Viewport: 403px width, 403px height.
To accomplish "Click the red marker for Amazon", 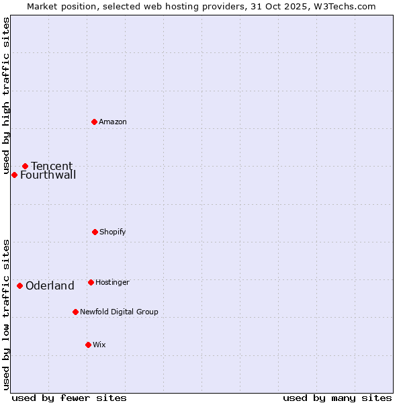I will [95, 122].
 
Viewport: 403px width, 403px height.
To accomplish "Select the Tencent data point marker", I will [25, 166].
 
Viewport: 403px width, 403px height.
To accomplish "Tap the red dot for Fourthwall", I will [14, 175].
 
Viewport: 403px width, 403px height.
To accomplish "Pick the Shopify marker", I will [95, 232].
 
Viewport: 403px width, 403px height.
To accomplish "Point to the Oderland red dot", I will [19, 285].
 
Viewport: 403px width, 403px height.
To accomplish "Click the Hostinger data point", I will [91, 282].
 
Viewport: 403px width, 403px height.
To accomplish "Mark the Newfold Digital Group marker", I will [75, 312].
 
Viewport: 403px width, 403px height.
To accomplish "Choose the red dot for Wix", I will [88, 345].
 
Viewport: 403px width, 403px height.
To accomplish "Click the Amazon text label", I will [113, 122].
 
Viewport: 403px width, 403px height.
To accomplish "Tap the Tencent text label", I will [52, 166].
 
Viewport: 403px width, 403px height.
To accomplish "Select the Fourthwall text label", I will [48, 175].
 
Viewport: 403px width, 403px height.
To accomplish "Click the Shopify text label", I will [113, 232].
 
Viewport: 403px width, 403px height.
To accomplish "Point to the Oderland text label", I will [50, 286].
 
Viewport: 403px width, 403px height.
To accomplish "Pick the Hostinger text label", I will [112, 282].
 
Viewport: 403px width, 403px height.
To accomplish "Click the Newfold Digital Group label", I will [119, 312].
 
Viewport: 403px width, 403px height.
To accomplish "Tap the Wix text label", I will [99, 345].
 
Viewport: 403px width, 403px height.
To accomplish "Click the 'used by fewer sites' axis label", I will [69, 398].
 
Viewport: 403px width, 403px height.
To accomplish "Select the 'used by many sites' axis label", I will [337, 398].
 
